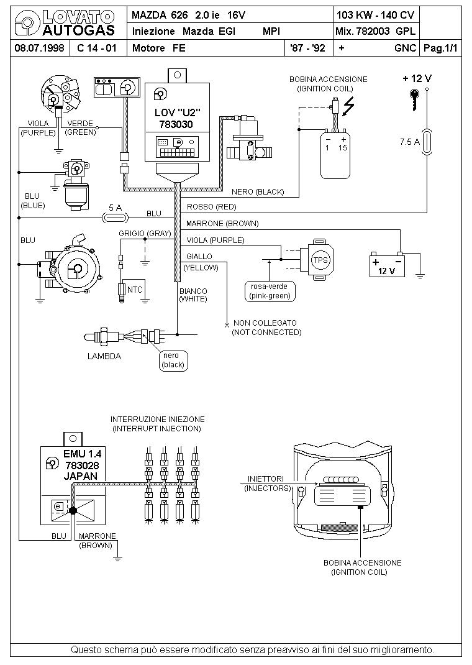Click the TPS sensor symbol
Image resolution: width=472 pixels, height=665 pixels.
[x=317, y=259]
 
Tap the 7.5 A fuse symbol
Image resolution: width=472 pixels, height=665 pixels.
[x=427, y=142]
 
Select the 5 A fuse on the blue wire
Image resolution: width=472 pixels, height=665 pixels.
[x=116, y=218]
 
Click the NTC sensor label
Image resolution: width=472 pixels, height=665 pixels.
[x=135, y=290]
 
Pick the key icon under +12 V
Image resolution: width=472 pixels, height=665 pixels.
[x=414, y=100]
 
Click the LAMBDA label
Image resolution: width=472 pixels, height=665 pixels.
[x=104, y=356]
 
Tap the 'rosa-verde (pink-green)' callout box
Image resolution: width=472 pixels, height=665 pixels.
[x=270, y=291]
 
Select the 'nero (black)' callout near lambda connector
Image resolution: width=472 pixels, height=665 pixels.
[x=173, y=360]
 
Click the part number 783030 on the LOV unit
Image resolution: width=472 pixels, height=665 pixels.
[x=176, y=125]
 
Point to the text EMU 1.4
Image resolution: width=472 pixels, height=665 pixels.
[x=82, y=454]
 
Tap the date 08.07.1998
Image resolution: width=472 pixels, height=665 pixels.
[x=39, y=48]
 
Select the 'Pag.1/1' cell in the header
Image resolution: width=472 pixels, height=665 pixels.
[x=441, y=48]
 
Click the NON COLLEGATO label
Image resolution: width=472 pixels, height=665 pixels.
[x=265, y=323]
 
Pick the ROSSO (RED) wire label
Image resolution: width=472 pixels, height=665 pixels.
[x=211, y=207]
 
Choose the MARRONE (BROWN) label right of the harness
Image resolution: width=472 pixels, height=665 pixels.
[x=222, y=224]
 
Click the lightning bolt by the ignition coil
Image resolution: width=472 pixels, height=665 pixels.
[x=348, y=106]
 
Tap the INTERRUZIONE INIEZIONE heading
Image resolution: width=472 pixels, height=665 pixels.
[x=158, y=419]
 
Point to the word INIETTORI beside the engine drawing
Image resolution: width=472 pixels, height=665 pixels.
[x=266, y=479]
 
